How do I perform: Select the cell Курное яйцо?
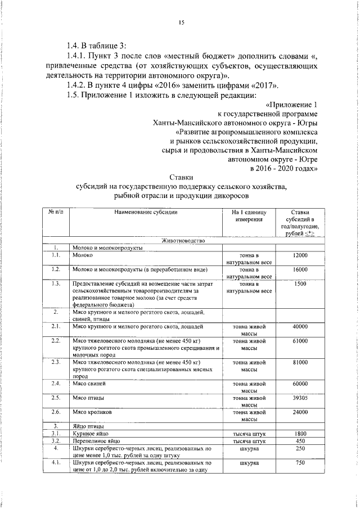(x=88, y=434)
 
